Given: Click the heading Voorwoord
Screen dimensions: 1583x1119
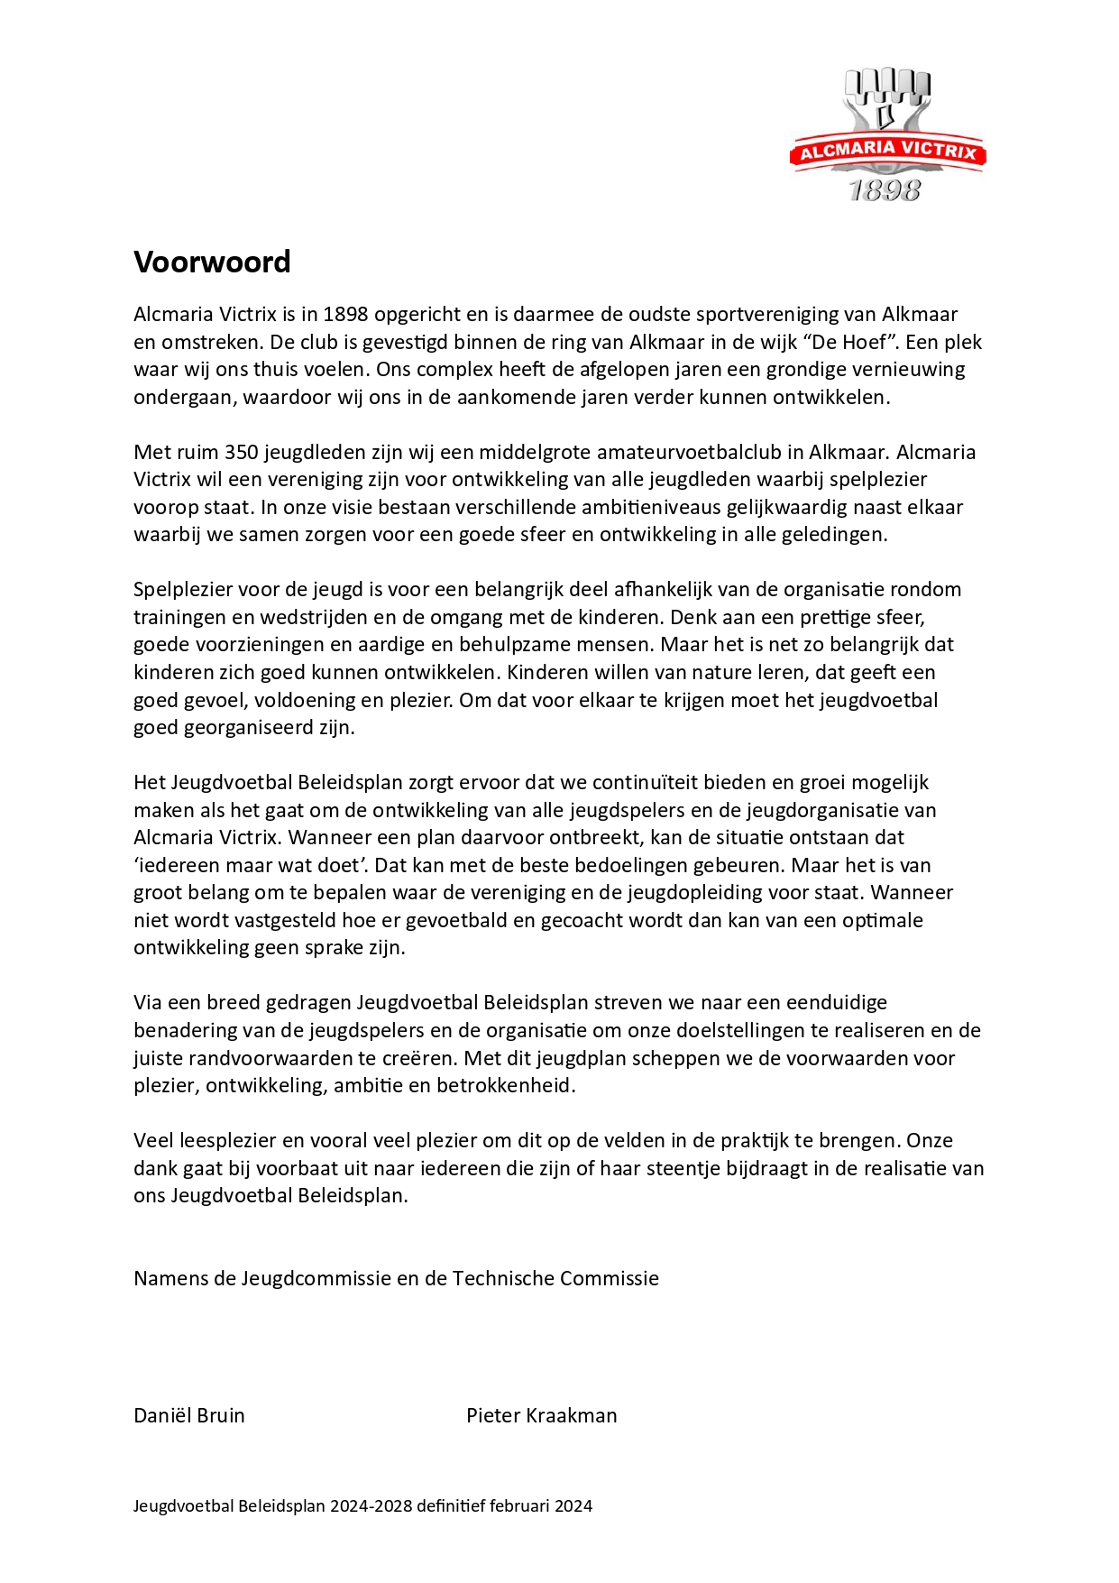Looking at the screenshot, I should pyautogui.click(x=212, y=262).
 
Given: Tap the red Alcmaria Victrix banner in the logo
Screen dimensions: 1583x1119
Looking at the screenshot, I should pyautogui.click(x=887, y=152).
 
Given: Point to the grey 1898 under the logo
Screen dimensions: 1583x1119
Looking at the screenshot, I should pyautogui.click(x=885, y=190).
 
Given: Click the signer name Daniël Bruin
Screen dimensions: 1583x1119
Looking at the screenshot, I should pyautogui.click(x=189, y=1415).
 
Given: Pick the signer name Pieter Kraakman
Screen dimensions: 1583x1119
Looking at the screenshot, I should pyautogui.click(x=541, y=1415).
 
